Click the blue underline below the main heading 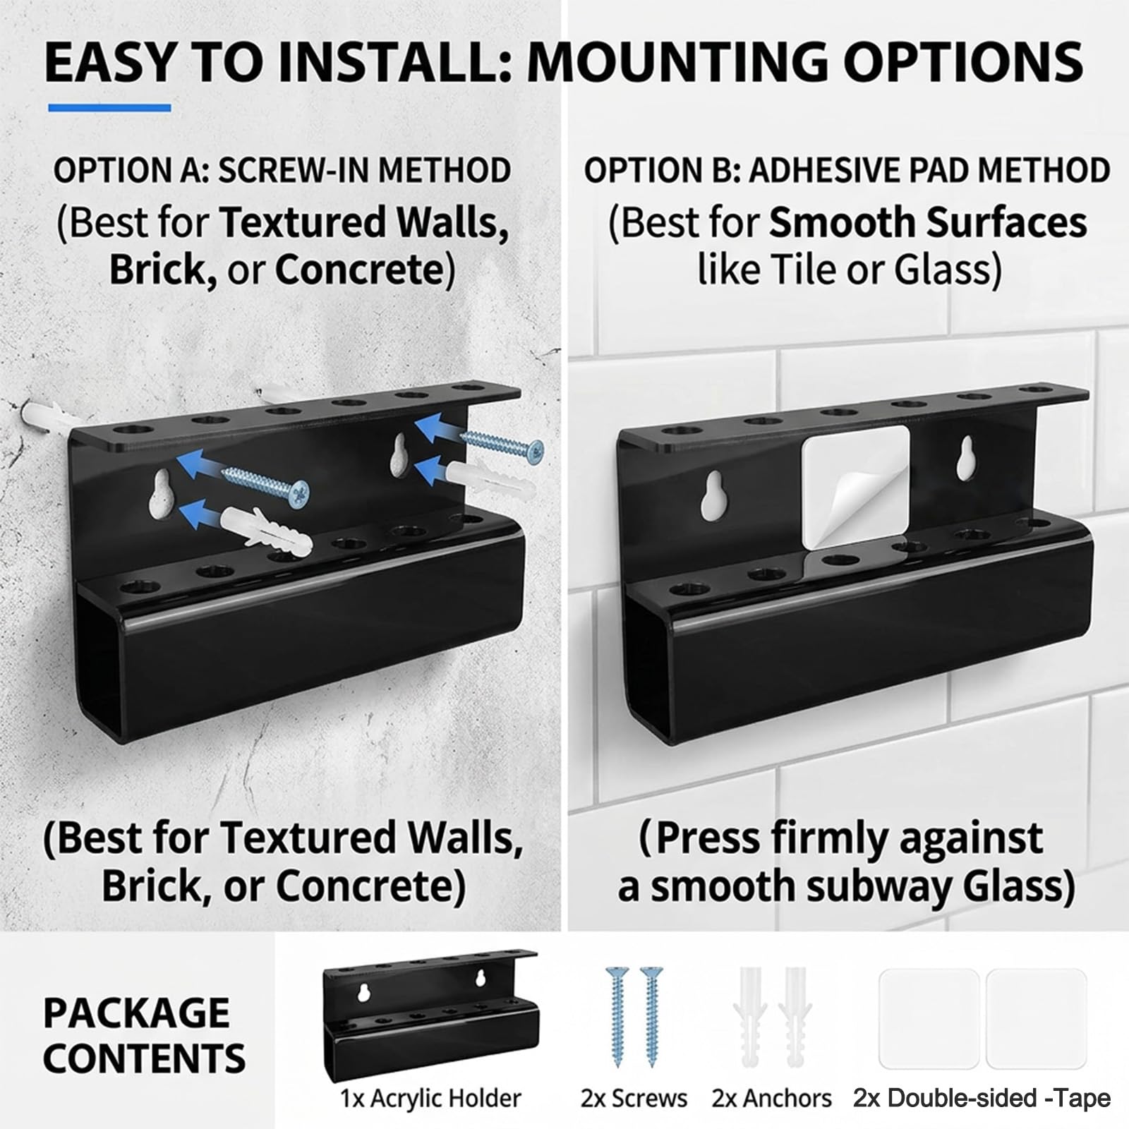[109, 108]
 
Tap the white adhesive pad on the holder [855, 487]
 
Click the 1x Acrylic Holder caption [430, 1099]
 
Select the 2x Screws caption [634, 1099]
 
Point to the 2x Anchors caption [772, 1099]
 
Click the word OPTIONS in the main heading [963, 62]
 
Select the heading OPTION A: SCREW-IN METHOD [282, 171]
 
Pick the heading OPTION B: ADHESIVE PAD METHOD [847, 171]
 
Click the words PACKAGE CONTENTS [144, 1035]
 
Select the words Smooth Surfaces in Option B [928, 223]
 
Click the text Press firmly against [840, 838]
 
